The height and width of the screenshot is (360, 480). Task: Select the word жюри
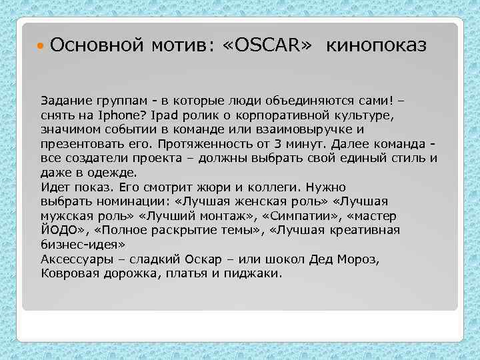[221, 187]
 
